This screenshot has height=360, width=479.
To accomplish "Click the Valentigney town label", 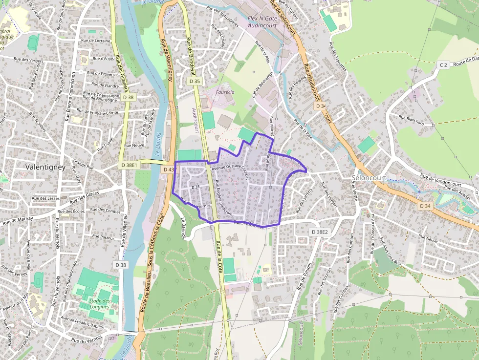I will pos(44,167).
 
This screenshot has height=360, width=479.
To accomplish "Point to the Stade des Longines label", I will pos(99,303).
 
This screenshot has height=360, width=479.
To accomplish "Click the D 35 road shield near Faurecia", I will pos(195,81).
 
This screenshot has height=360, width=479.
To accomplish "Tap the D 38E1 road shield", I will pos(130,165).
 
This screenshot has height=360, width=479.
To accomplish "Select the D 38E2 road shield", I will pos(320,232).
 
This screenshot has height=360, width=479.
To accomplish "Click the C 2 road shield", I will pos(443,64).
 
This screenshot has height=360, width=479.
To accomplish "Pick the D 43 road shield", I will pos(169,169).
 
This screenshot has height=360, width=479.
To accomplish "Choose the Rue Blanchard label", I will pos(411,120).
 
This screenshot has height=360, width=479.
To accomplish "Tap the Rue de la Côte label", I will pos(219,258).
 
